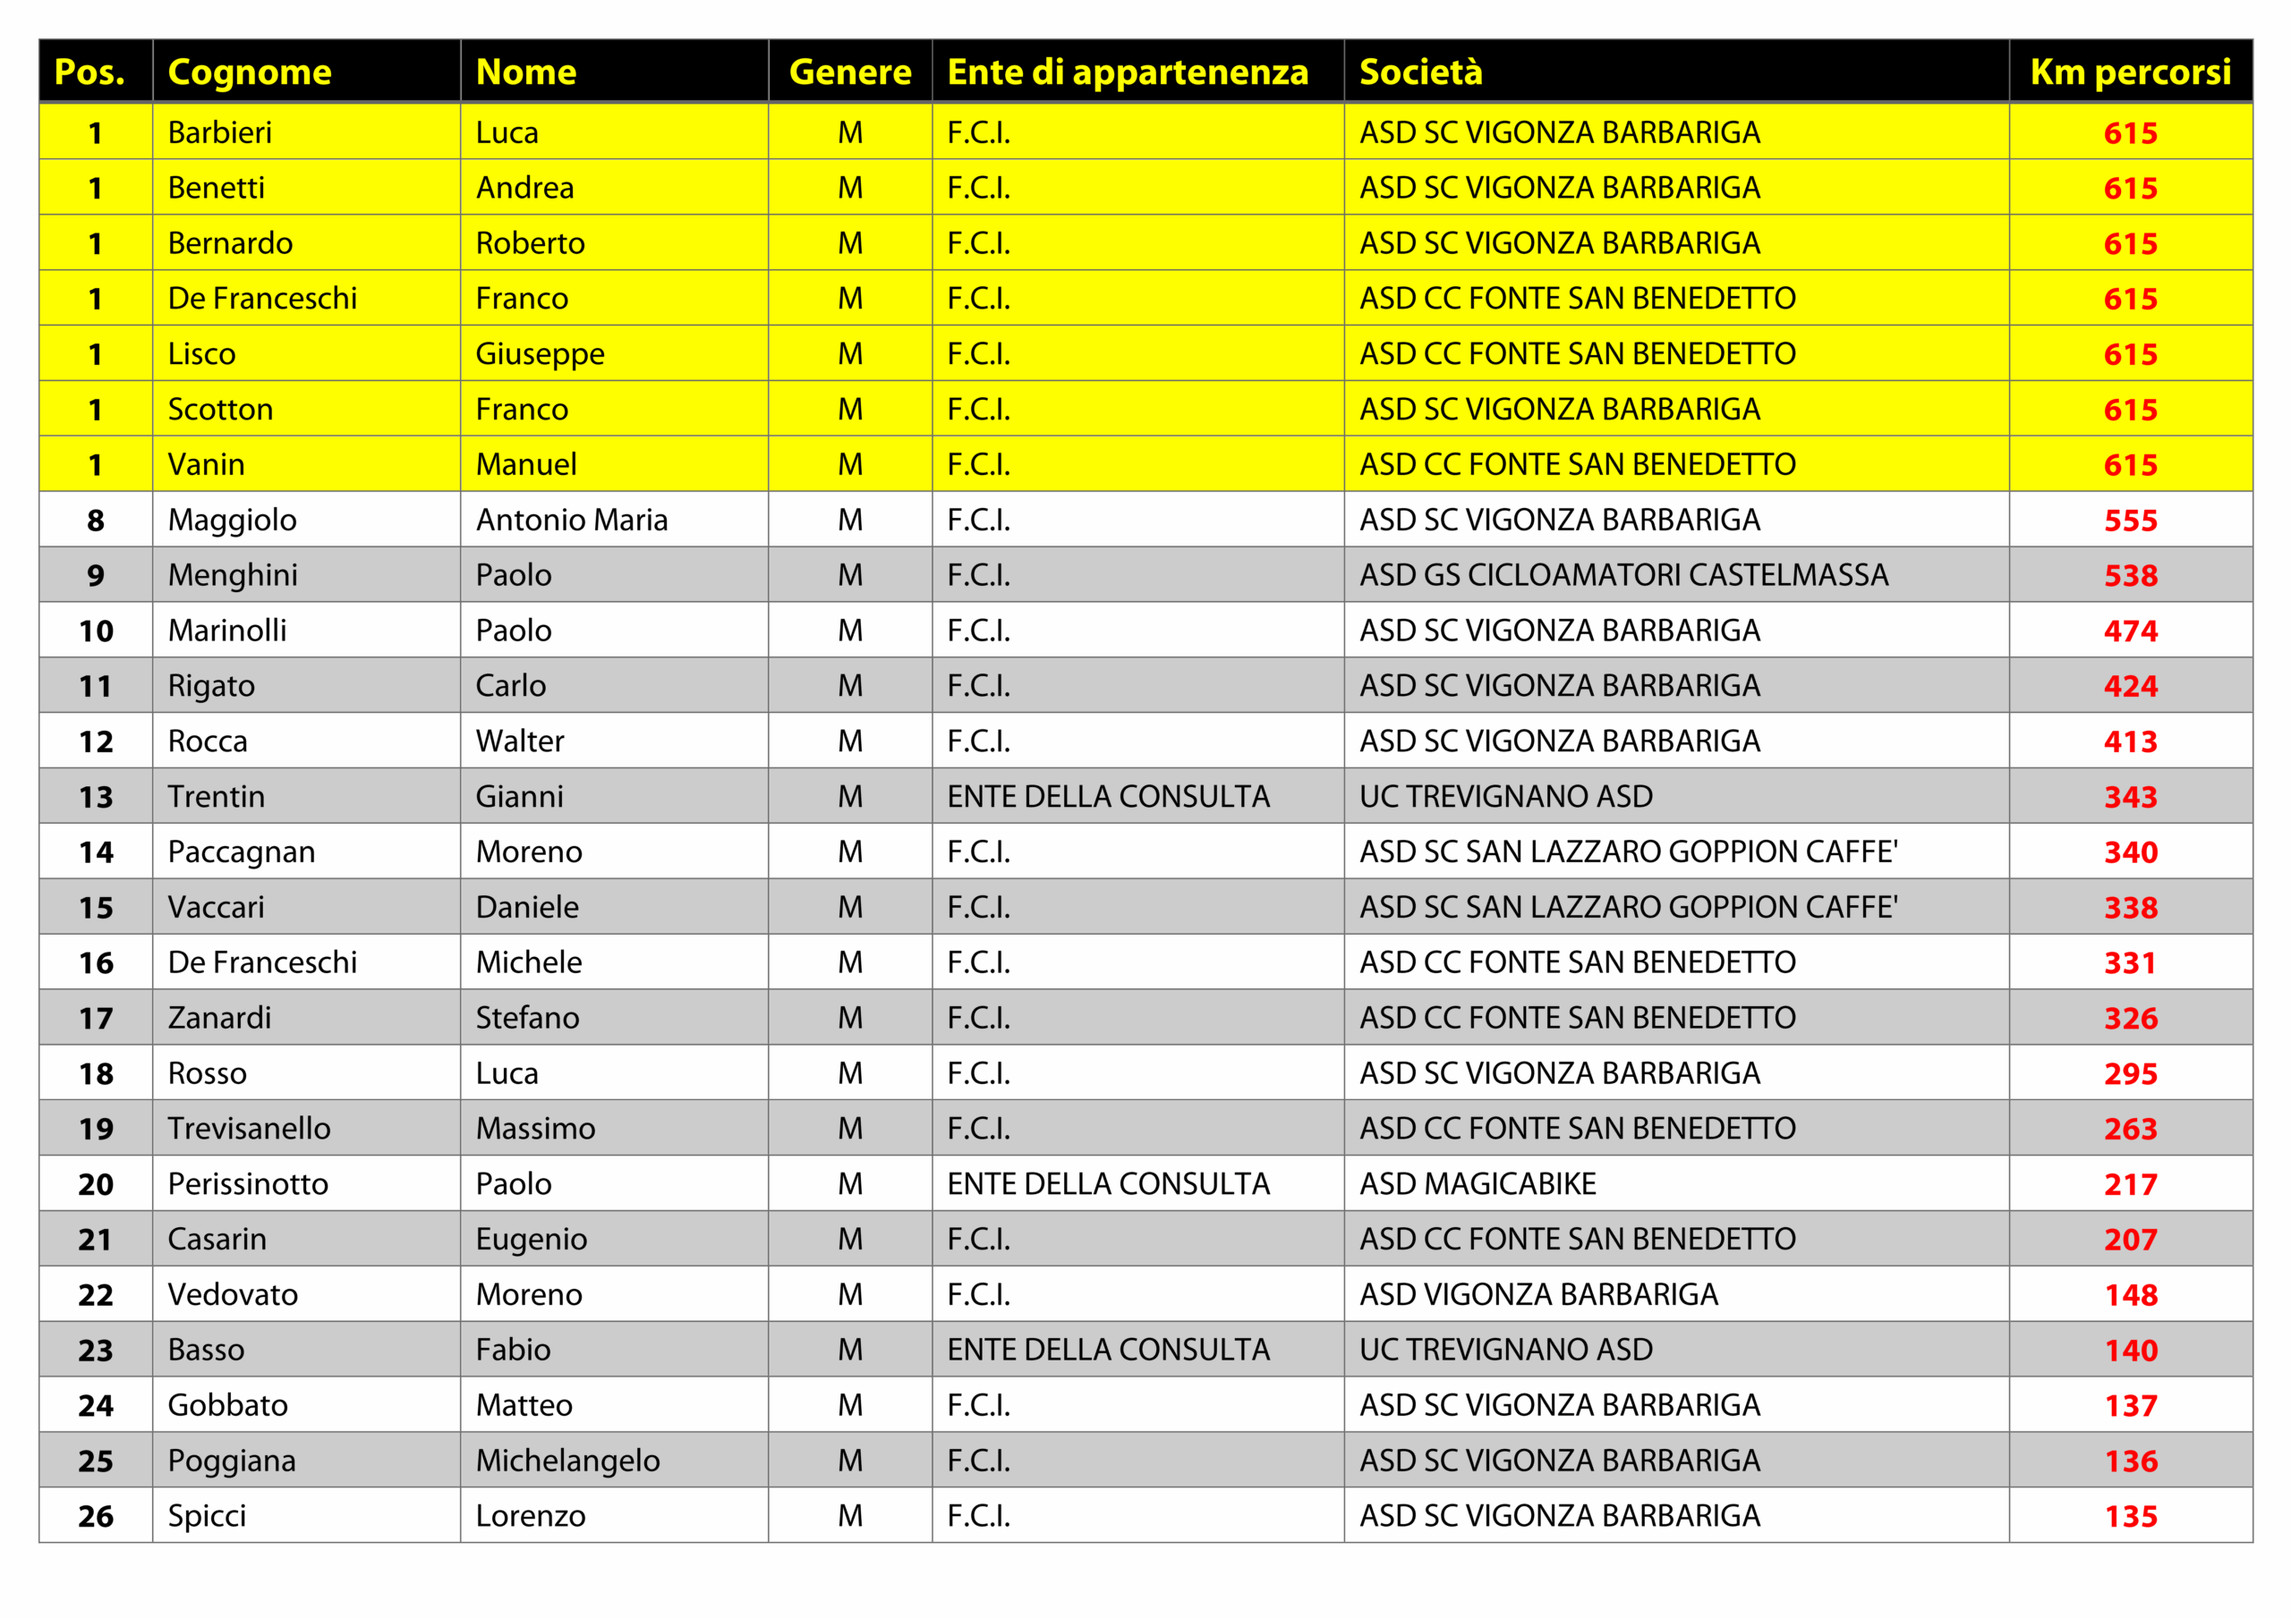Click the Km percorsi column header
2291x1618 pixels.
tap(2129, 72)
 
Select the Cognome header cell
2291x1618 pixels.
tap(250, 72)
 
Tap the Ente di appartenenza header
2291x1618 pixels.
tap(1127, 72)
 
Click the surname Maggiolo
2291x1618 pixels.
tap(232, 520)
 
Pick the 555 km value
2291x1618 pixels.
tap(2129, 521)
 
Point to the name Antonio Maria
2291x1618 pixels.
tap(571, 520)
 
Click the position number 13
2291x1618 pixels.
tap(96, 797)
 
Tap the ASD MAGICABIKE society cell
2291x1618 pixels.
tap(1477, 1184)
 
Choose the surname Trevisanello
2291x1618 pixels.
tap(249, 1128)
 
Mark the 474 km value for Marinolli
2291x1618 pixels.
tap(2129, 631)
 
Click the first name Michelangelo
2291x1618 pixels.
tap(566, 1461)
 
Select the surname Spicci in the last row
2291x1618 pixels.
tap(207, 1516)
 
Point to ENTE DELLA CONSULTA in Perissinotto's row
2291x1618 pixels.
tap(1108, 1184)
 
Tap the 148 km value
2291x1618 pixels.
tap(2129, 1295)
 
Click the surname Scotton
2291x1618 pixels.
tap(219, 409)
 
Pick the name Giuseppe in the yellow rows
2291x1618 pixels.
tap(539, 354)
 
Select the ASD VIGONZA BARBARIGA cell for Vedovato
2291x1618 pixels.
tap(1537, 1295)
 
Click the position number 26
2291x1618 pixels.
tap(96, 1516)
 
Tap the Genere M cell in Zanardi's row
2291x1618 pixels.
tap(849, 1018)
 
